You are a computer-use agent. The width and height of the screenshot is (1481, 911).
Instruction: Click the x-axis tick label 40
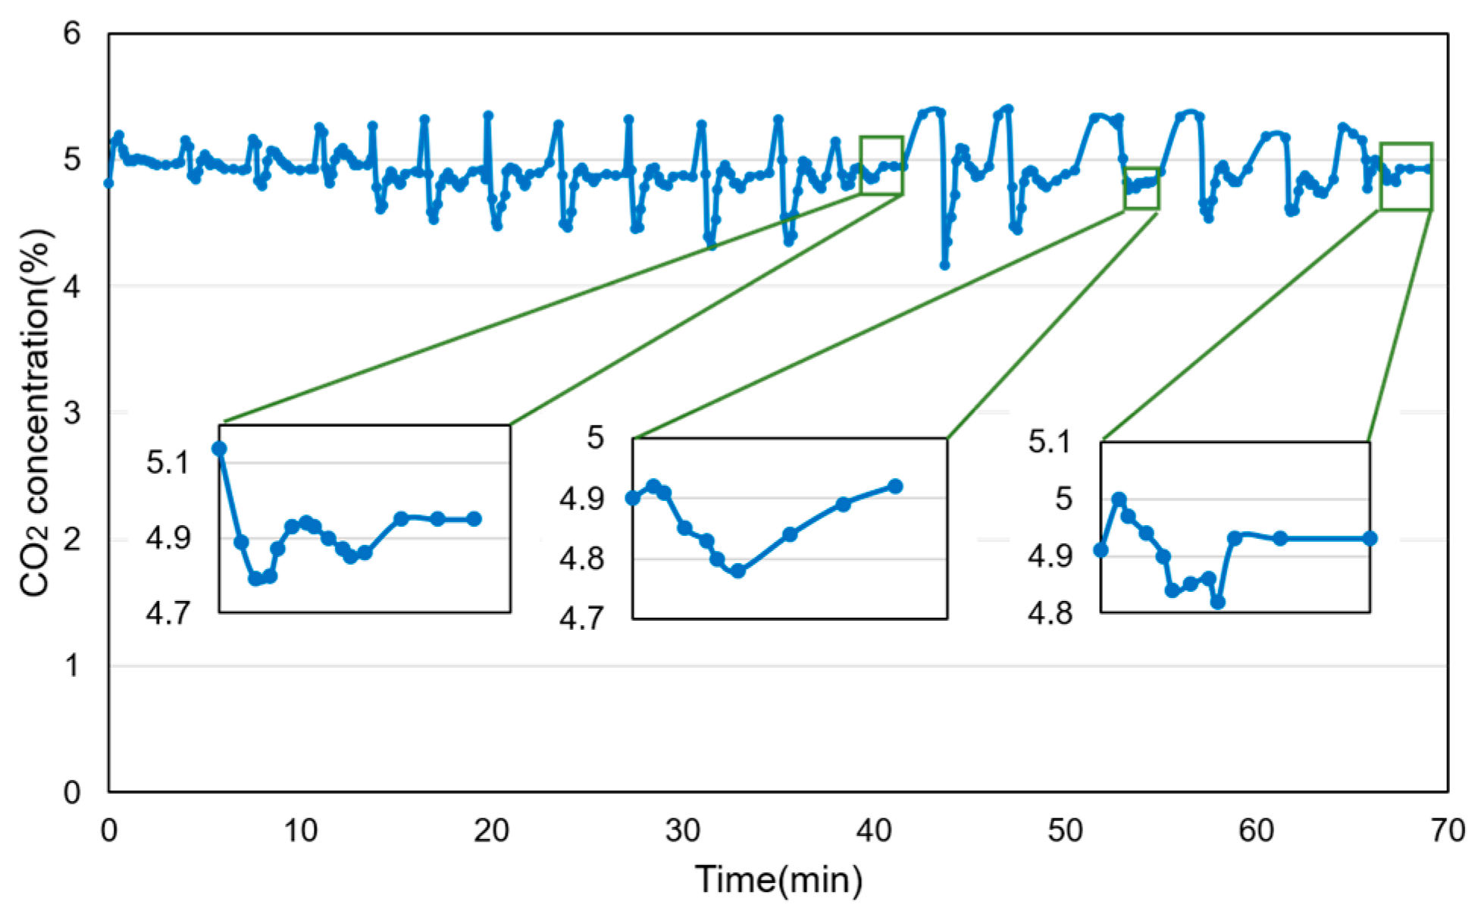(874, 831)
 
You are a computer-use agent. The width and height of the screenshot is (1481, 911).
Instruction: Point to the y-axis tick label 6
(71, 33)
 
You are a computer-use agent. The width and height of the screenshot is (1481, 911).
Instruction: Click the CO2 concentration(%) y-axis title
(35, 413)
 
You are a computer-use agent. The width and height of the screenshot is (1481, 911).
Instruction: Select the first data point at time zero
(108, 183)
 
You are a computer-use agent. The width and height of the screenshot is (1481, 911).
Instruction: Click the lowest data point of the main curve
(944, 265)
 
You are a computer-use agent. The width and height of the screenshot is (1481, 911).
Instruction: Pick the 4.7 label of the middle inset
(581, 619)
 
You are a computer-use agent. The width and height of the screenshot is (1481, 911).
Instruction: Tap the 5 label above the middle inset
(595, 438)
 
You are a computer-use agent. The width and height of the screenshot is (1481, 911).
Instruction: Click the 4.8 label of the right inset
(1050, 613)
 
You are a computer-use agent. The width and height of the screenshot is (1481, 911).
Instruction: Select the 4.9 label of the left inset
(168, 538)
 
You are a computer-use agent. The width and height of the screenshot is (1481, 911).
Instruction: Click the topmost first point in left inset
(219, 449)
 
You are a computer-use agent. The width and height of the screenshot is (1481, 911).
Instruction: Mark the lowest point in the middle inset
(738, 571)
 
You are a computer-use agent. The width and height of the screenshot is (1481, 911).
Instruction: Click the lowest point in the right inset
(1218, 603)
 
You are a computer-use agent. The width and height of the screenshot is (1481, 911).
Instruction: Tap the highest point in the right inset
(1119, 499)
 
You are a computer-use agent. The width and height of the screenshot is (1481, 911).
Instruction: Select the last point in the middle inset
(895, 486)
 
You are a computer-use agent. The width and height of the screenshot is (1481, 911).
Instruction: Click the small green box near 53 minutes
(1141, 188)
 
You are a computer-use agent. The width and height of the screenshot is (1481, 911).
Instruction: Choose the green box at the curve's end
(1406, 176)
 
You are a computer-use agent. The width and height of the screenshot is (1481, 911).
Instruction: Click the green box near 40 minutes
(881, 164)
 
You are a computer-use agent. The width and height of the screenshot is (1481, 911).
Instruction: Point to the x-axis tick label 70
(1447, 831)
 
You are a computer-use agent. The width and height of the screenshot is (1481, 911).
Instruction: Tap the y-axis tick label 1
(71, 666)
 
